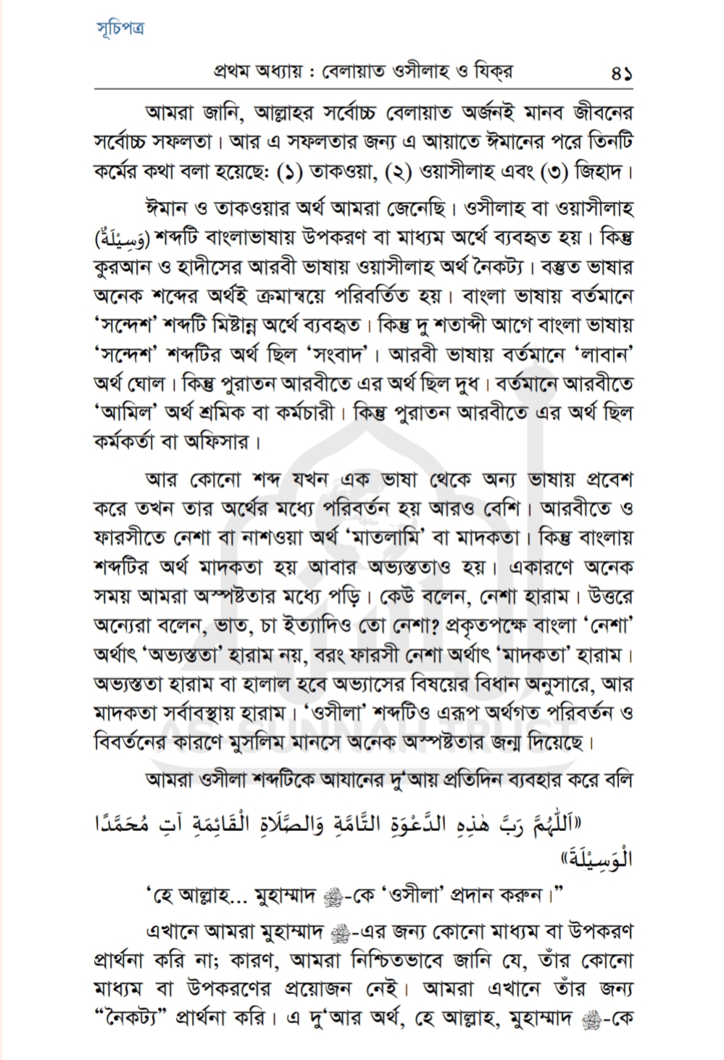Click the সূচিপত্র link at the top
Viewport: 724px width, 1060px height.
[x=120, y=28]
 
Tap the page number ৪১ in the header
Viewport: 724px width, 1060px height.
[x=620, y=74]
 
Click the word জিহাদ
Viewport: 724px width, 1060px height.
[x=599, y=174]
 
